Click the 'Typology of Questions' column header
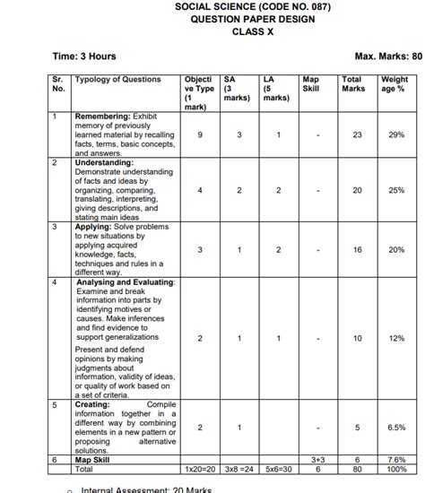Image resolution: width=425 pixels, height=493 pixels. [x=118, y=80]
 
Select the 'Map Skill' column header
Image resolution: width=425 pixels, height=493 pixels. [x=311, y=84]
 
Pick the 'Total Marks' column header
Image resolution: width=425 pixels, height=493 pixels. [x=353, y=84]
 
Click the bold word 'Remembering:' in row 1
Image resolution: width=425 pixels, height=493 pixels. [x=103, y=117]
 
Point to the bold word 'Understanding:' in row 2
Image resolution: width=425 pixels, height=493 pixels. [x=104, y=163]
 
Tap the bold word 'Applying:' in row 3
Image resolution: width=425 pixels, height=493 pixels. [x=96, y=228]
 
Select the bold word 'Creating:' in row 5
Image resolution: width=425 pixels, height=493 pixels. [x=96, y=404]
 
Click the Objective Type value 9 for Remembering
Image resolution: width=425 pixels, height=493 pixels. [x=199, y=134]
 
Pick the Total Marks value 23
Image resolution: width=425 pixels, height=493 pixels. [x=357, y=134]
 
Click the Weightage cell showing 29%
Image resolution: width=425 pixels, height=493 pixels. [x=396, y=134]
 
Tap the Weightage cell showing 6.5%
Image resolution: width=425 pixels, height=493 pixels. [x=396, y=428]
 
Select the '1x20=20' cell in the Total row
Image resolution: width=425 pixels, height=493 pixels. [x=199, y=468]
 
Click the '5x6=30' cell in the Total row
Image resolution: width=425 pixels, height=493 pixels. [x=279, y=468]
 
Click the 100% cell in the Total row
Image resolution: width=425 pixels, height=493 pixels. [x=396, y=468]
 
